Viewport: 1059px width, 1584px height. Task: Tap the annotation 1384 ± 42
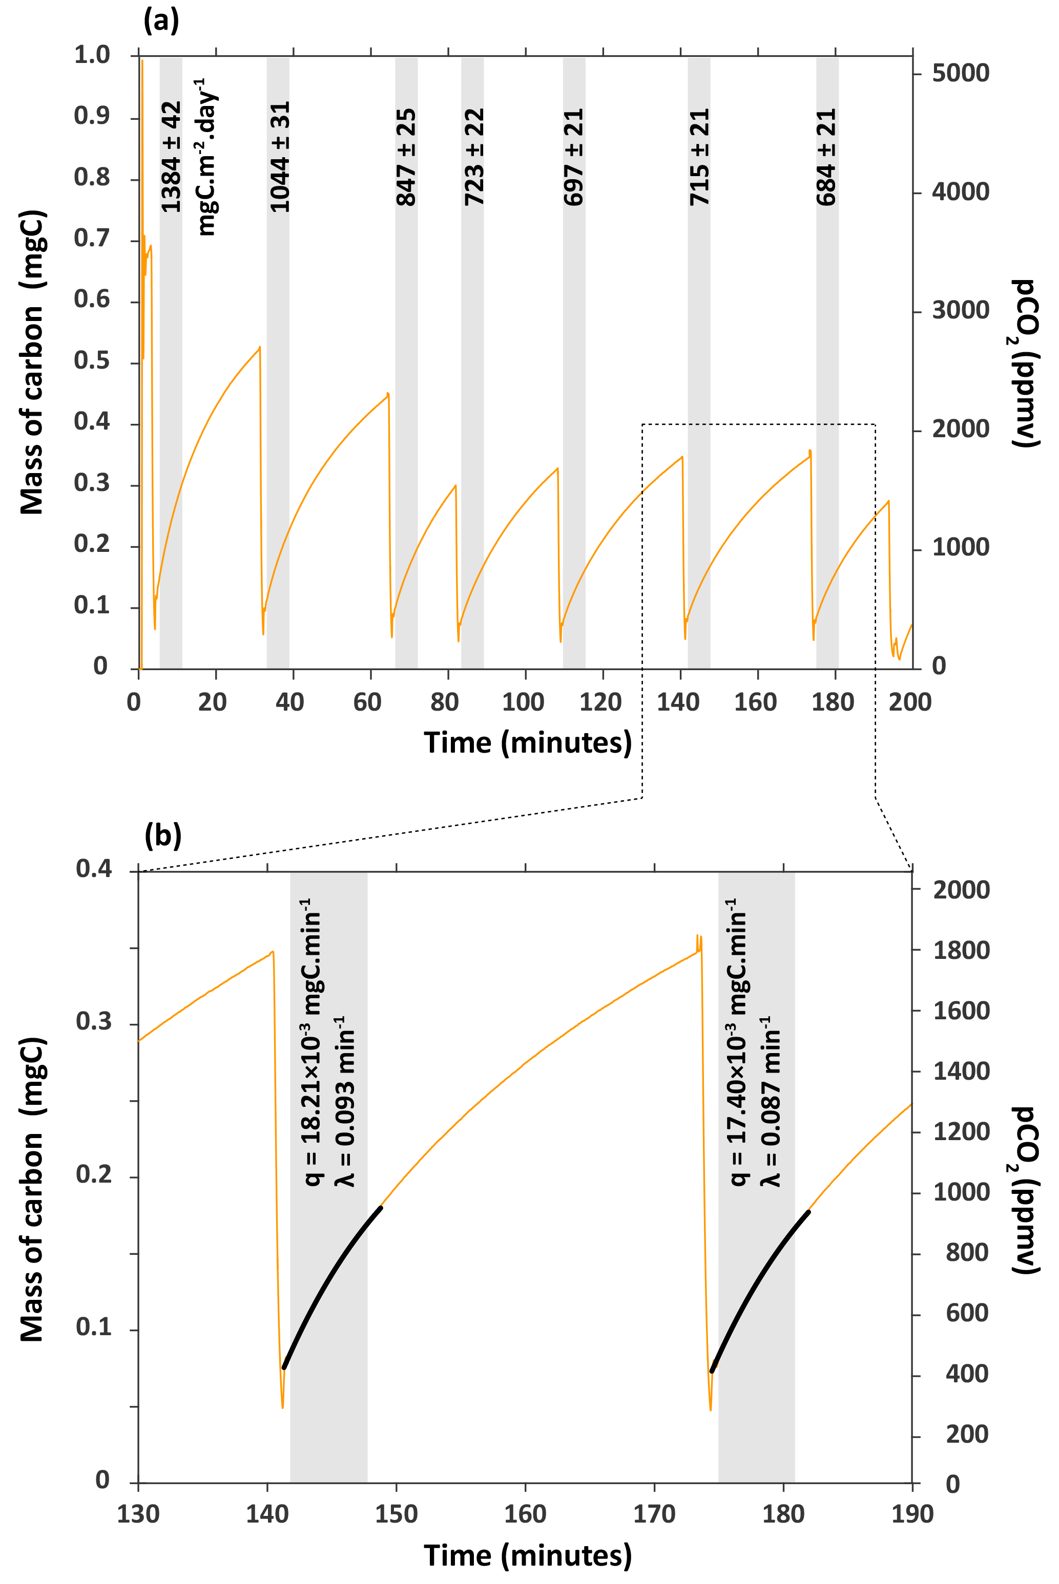pyautogui.click(x=172, y=156)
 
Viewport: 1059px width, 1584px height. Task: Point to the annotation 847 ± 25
pyautogui.click(x=406, y=157)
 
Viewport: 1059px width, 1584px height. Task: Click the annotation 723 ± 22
pyautogui.click(x=474, y=157)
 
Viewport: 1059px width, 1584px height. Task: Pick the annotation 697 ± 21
pyautogui.click(x=573, y=157)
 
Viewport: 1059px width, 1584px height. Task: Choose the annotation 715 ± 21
pyautogui.click(x=700, y=157)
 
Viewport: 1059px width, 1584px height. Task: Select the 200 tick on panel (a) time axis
pyautogui.click(x=910, y=702)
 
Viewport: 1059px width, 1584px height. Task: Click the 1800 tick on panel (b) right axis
pyautogui.click(x=961, y=950)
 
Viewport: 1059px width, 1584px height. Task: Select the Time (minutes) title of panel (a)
pyautogui.click(x=528, y=742)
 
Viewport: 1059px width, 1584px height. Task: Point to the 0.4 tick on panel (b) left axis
pyautogui.click(x=94, y=869)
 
